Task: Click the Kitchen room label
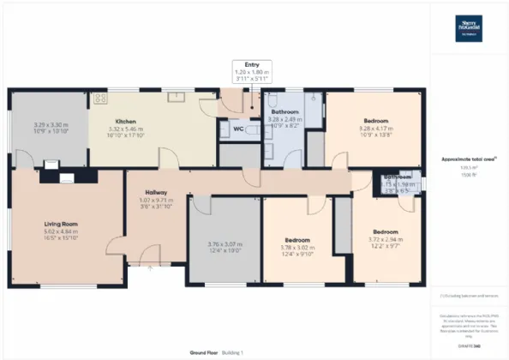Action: click(127, 122)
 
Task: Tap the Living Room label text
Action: click(61, 224)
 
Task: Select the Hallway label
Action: click(156, 192)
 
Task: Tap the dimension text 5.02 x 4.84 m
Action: click(61, 231)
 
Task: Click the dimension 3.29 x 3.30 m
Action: click(49, 126)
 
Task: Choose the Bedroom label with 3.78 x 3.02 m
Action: click(296, 240)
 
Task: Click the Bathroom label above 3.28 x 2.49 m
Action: click(284, 112)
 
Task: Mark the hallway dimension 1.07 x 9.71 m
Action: click(156, 200)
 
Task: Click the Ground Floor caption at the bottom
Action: click(203, 352)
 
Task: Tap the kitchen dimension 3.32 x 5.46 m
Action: click(127, 129)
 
